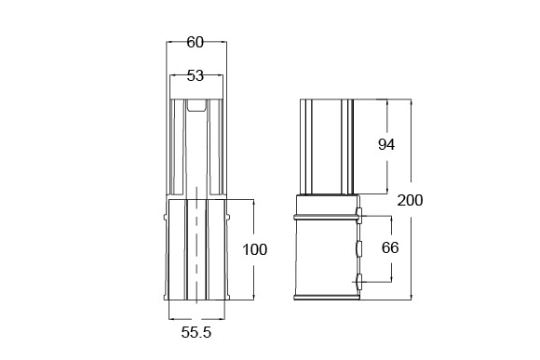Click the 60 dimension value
[196, 43]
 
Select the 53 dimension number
[196, 75]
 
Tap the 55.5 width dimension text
[196, 332]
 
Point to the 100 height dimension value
[255, 249]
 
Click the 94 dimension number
[386, 144]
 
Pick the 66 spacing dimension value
[390, 247]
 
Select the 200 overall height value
[410, 200]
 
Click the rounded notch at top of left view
[196, 106]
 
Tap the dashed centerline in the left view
[196, 245]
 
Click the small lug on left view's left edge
[165, 217]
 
